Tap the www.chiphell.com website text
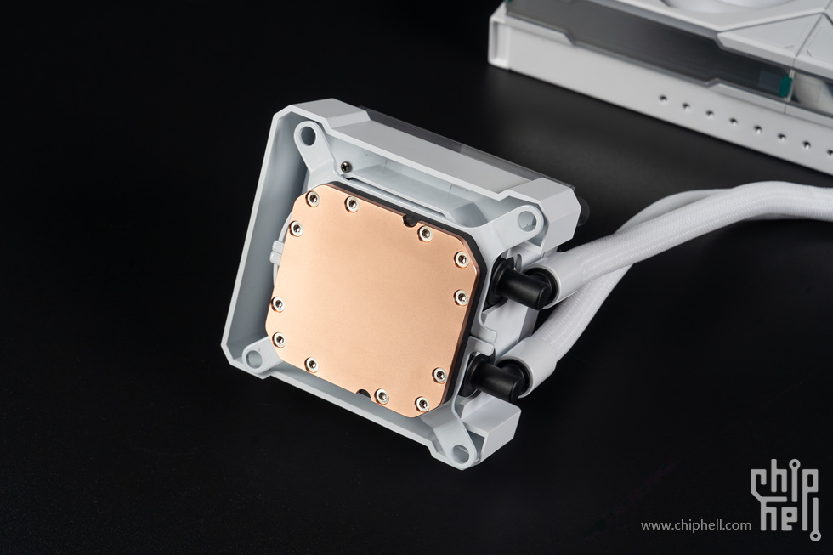(x=696, y=526)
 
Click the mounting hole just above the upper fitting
(x=526, y=217)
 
